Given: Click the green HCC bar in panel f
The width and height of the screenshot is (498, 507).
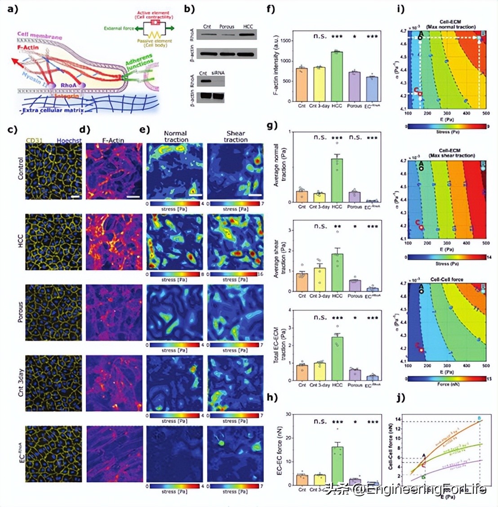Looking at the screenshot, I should coord(337,76).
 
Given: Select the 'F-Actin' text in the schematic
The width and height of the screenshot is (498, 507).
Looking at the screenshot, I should coord(28,47).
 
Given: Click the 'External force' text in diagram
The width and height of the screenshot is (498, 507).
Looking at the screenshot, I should coord(119,28).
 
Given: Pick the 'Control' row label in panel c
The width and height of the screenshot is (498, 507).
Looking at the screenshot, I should coord(20,169).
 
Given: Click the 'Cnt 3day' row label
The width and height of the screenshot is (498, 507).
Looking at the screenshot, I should coord(20,383).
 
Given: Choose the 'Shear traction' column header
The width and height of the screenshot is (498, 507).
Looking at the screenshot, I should coord(236,136).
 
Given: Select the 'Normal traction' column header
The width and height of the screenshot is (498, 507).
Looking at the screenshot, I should coord(176,136).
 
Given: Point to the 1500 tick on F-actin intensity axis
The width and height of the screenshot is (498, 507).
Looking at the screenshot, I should coord(285,41).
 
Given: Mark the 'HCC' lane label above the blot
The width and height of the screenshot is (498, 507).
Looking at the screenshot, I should coord(248,27).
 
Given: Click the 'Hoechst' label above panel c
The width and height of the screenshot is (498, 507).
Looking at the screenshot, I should coord(69,141).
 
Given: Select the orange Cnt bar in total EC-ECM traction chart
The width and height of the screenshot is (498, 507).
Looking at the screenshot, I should coord(302,372).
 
